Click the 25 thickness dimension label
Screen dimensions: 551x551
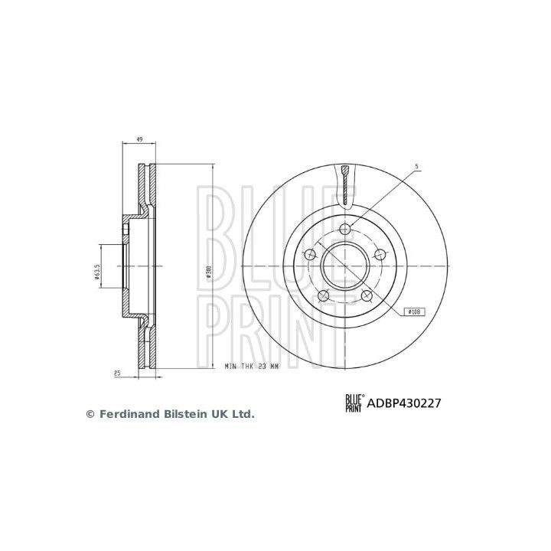coord(117,373)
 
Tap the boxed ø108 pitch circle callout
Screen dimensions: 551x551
coord(414,311)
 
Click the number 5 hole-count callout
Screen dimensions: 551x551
coord(416,165)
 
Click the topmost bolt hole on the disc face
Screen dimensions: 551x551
coord(346,227)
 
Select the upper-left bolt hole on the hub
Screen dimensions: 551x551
coord(310,254)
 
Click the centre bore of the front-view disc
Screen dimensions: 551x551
coord(346,266)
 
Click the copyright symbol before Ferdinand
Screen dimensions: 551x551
coord(89,414)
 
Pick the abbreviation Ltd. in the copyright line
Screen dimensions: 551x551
coord(241,414)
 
